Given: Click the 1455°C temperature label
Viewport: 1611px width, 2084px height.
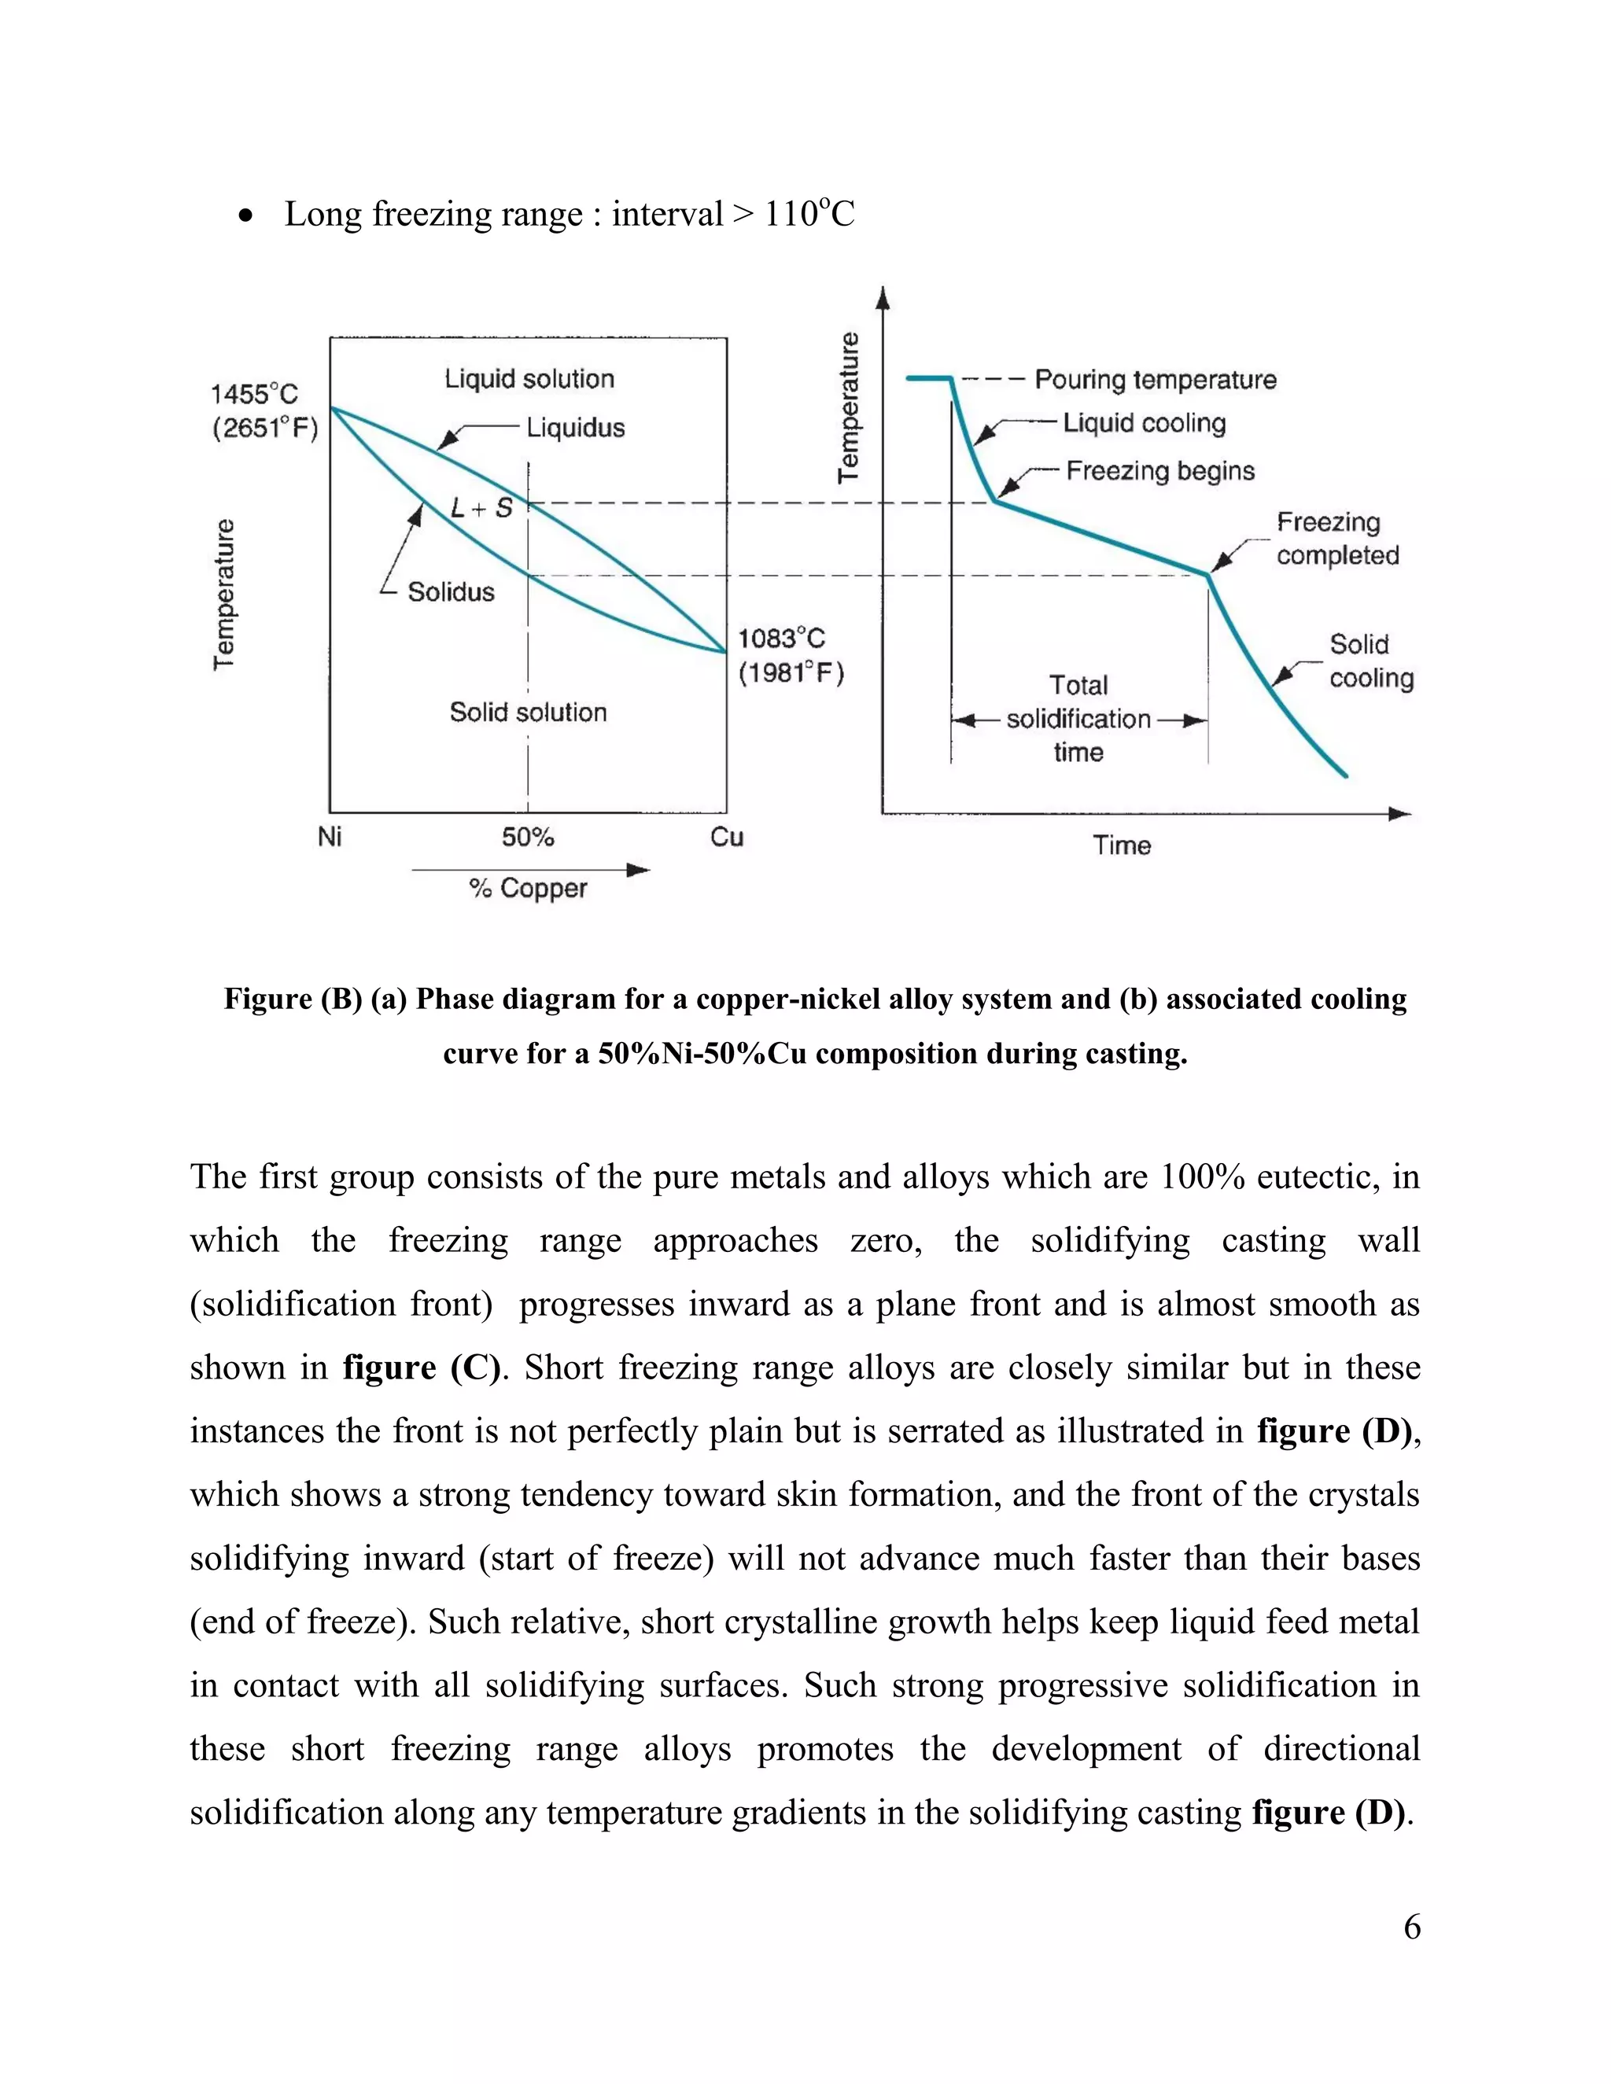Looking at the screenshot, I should click(254, 394).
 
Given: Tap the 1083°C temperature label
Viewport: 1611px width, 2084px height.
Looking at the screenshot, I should click(780, 639).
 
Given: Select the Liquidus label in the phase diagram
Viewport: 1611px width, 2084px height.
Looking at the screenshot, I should click(576, 428).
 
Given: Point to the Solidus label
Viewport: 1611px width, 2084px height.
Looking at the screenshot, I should click(451, 593).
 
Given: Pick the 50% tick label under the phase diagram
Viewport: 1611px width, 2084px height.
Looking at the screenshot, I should click(528, 837).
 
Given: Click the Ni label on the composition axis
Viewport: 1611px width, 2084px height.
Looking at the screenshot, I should click(330, 837).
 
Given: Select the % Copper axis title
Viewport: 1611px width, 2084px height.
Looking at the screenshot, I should click(528, 889).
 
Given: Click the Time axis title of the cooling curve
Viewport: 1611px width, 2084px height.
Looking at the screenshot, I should click(1122, 845).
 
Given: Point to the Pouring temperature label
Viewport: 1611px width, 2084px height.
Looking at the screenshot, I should click(1155, 380).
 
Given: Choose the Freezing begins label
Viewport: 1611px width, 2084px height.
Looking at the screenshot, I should click(1159, 470).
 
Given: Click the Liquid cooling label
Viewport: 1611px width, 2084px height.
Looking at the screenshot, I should click(1145, 423).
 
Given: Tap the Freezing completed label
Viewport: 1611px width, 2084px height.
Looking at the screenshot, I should click(1337, 539).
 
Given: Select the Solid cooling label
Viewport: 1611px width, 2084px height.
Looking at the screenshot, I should click(1370, 661).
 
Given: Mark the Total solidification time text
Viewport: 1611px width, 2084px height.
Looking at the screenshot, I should click(1078, 719).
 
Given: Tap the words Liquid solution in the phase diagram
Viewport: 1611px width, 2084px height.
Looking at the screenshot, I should click(529, 379).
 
